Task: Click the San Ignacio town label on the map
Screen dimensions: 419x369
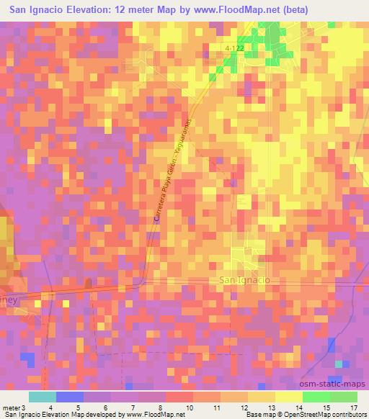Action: coord(243,279)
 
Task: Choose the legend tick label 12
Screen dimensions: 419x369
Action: coord(246,408)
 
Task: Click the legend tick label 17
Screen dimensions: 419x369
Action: coord(353,408)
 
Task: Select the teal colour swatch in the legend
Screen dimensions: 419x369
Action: coord(43,397)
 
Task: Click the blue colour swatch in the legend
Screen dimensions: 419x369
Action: coord(70,397)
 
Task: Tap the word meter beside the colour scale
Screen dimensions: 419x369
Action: coord(11,408)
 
